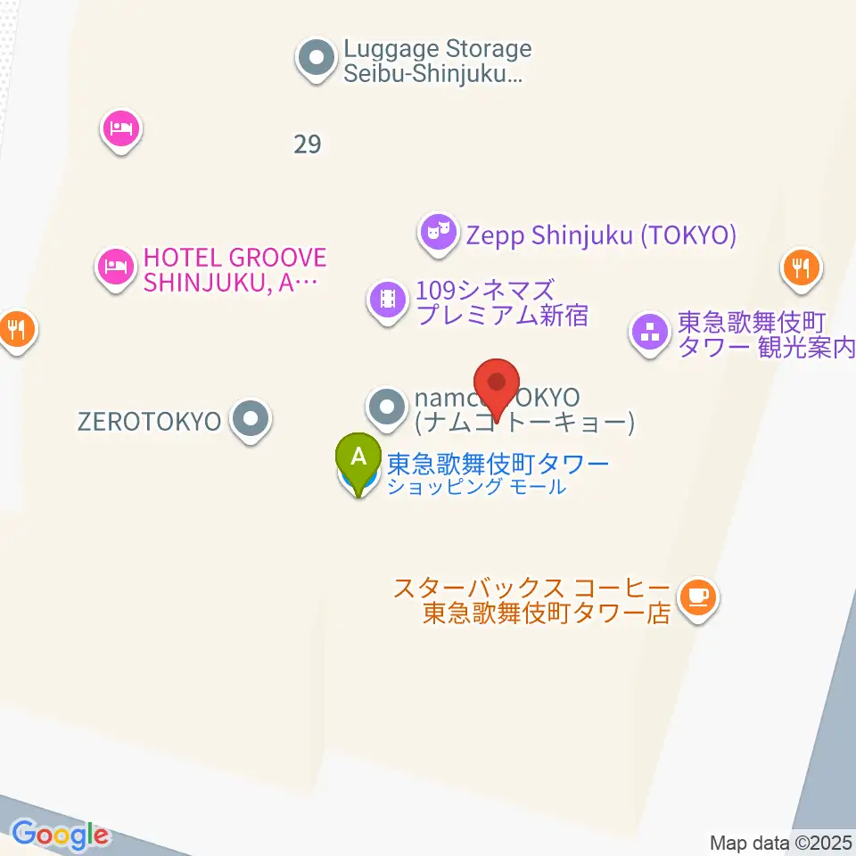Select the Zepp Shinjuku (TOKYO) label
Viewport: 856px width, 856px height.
[602, 235]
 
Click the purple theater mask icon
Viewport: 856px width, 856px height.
[437, 233]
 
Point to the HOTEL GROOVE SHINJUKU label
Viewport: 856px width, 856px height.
[235, 270]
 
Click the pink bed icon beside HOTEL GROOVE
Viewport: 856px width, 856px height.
[116, 266]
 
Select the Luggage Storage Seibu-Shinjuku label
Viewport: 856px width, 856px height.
[437, 62]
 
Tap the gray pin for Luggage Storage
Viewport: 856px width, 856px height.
[315, 60]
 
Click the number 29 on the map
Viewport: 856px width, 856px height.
[307, 144]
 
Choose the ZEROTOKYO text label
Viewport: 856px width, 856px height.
[149, 421]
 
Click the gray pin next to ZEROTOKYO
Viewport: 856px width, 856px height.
[251, 418]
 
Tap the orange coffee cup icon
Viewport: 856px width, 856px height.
[697, 596]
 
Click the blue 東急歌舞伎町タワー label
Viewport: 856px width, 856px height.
[498, 464]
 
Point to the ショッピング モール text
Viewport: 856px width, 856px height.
[476, 487]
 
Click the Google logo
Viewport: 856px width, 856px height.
[60, 835]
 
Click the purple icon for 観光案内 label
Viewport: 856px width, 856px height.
[650, 333]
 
